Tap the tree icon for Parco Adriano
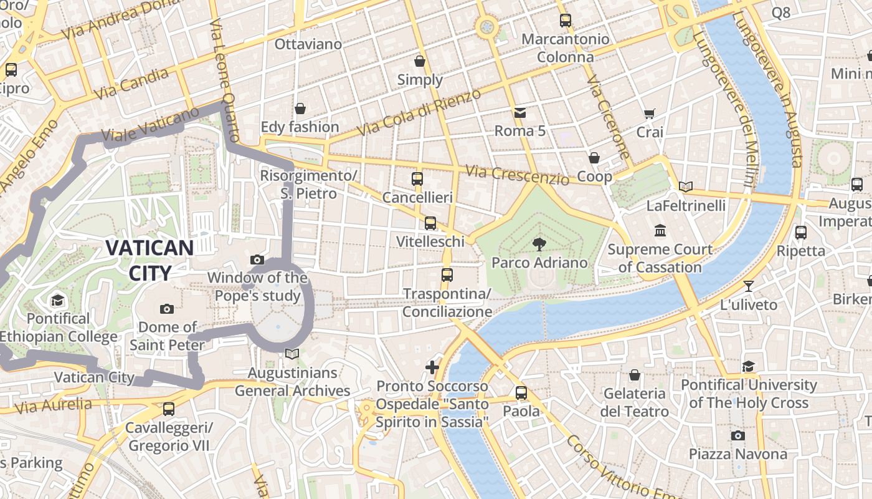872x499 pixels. coord(539,244)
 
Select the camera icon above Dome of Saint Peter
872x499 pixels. coord(166,309)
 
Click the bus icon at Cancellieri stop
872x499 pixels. coord(417,179)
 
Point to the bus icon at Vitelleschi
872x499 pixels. coord(430,223)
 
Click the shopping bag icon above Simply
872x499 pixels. coord(420,61)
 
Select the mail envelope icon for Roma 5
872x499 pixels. coord(519,113)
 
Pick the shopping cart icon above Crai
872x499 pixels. coord(649,114)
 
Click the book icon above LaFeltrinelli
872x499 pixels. coord(685,187)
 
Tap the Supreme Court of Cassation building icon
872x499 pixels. coord(660,231)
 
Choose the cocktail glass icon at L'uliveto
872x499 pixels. coord(748,286)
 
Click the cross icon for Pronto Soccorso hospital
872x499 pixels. coord(432,367)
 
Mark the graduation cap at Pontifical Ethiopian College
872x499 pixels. coord(58,300)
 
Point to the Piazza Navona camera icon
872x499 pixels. coord(737,435)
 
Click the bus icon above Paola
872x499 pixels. coord(521,393)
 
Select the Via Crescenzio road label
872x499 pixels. coord(517,175)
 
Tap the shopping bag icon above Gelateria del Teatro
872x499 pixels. coord(634,375)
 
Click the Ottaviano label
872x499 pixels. coord(308,44)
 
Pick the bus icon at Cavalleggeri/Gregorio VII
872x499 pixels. coord(168,409)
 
